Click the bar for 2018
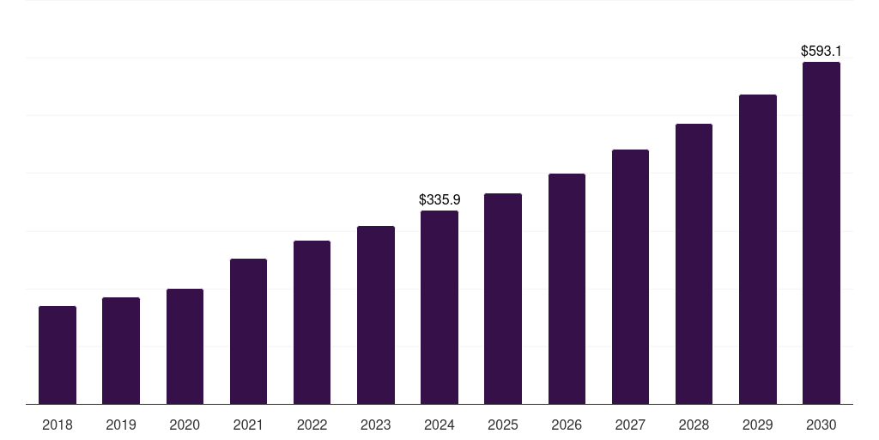(58, 355)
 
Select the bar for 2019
(121, 351)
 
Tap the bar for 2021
(248, 331)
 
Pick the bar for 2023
(376, 315)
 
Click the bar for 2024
(439, 307)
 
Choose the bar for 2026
(567, 289)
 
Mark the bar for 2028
(694, 264)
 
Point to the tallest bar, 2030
(821, 233)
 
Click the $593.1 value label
(821, 52)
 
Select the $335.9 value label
(439, 199)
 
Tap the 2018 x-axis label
(58, 425)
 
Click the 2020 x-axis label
(185, 425)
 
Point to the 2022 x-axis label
(312, 425)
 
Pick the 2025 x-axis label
(503, 425)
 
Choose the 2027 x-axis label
(630, 425)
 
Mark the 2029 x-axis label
(758, 425)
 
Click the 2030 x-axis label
(821, 425)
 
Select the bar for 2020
(185, 346)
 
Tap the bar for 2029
(758, 249)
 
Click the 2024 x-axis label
(439, 425)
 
